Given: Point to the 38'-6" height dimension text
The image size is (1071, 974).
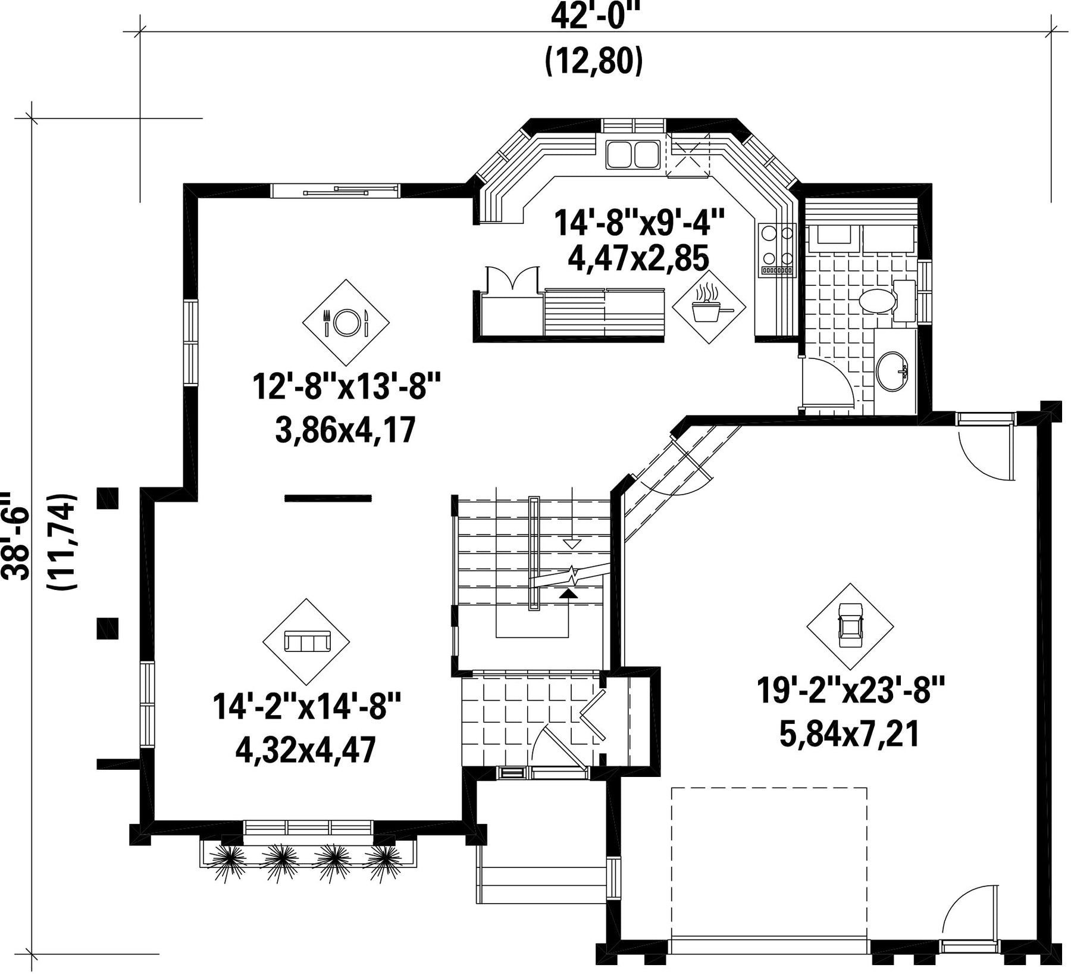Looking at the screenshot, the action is [x=15, y=535].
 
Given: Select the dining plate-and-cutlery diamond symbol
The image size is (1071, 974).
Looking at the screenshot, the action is [x=346, y=323].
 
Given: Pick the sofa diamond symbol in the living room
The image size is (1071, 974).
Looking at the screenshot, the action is [x=306, y=642].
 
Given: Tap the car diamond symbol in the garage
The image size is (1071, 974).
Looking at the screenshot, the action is [x=850, y=627].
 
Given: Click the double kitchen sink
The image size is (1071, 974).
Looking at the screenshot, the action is [x=632, y=154].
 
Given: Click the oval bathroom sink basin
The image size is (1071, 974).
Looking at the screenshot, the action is [x=891, y=371].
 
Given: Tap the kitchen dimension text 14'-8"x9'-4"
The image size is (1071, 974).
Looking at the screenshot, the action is [x=640, y=222].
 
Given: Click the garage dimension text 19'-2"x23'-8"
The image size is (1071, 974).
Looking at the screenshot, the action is [x=851, y=691].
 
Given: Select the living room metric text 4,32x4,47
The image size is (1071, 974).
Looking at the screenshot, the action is [x=306, y=750].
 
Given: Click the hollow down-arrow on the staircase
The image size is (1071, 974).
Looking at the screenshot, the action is [x=571, y=544].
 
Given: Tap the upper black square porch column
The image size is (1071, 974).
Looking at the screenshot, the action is [x=108, y=498].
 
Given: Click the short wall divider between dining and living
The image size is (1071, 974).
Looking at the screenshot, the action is [x=328, y=498].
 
